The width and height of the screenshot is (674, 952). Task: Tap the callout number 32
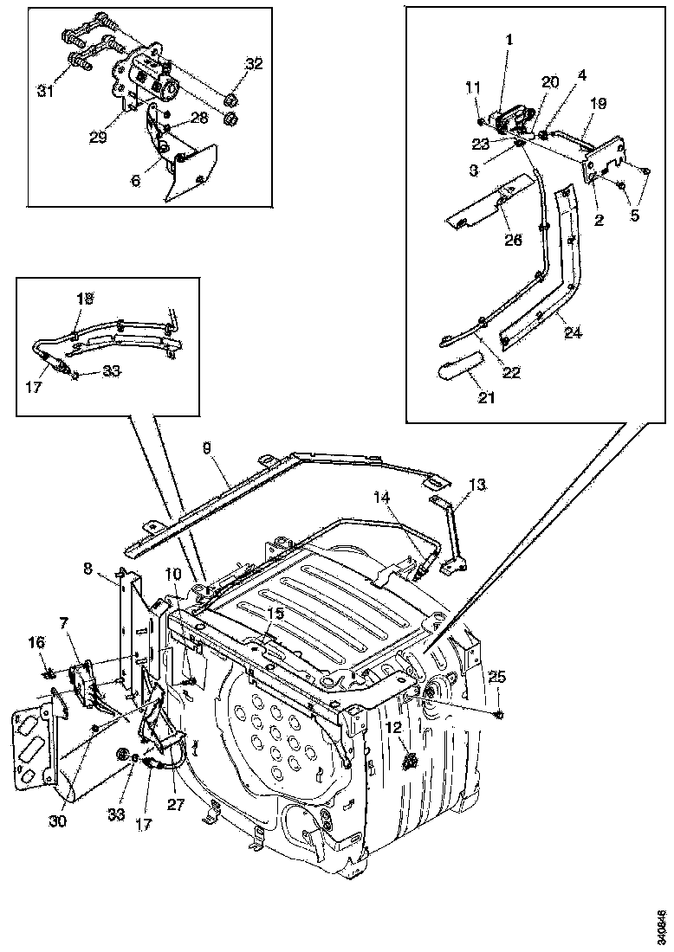pos(253,63)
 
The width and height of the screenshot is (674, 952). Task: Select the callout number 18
pos(84,298)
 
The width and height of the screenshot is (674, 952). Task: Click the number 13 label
pos(478,484)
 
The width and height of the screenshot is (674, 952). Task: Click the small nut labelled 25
pos(501,713)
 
